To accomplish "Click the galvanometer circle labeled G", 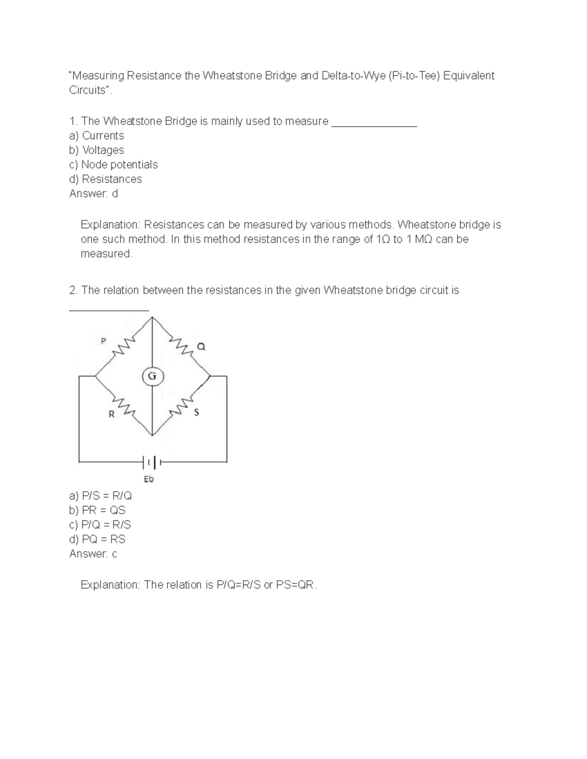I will pyautogui.click(x=152, y=376).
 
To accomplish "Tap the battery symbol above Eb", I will pyautogui.click(x=151, y=461).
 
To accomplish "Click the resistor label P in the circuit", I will pyautogui.click(x=103, y=341).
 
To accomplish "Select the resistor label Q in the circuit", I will pyautogui.click(x=201, y=347).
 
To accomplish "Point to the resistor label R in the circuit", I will pyautogui.click(x=111, y=414).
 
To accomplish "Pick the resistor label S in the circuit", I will pyautogui.click(x=197, y=412).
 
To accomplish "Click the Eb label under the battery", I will pyautogui.click(x=149, y=479).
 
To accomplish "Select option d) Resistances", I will pyautogui.click(x=106, y=179).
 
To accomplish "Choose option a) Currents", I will pyautogui.click(x=96, y=135).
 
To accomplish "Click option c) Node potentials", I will pyautogui.click(x=113, y=164).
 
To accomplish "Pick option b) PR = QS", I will pyautogui.click(x=97, y=510).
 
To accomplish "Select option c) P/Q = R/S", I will pyautogui.click(x=100, y=524).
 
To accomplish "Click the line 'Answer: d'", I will pyautogui.click(x=93, y=194).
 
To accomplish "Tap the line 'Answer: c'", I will pyautogui.click(x=93, y=554).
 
